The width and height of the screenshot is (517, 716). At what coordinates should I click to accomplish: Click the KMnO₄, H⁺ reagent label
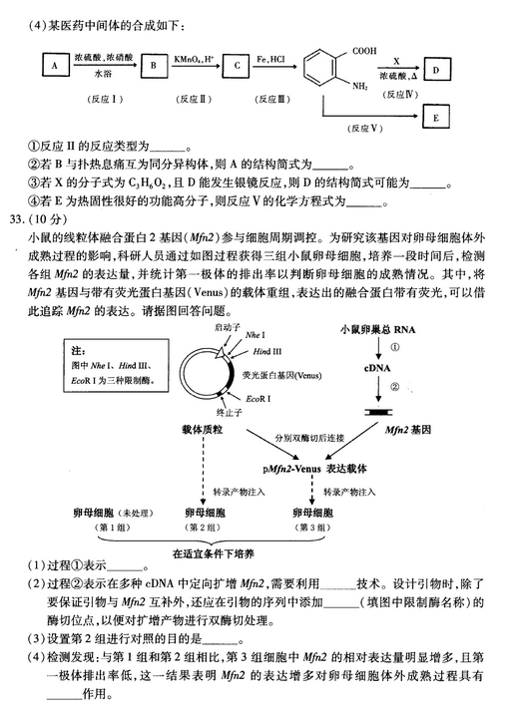pos(195,59)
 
